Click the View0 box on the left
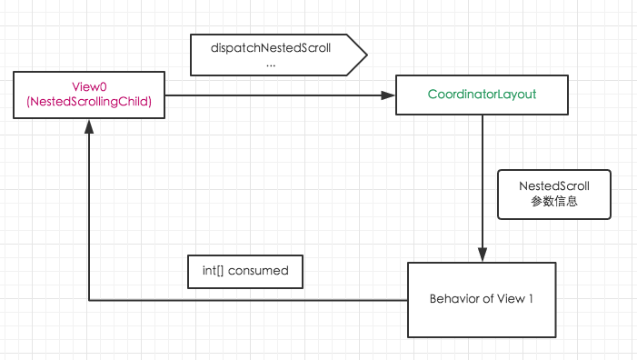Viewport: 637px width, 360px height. point(89,95)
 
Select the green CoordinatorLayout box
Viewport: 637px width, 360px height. point(481,95)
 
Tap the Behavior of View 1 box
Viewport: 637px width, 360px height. point(481,298)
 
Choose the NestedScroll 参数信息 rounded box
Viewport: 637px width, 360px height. point(553,194)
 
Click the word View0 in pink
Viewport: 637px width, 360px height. point(89,87)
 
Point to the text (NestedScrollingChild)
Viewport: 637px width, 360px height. point(89,104)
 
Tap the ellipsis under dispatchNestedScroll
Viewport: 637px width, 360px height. point(271,65)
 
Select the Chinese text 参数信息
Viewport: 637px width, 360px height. point(553,202)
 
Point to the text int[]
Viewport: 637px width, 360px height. point(214,271)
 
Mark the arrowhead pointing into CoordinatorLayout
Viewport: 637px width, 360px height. point(389,95)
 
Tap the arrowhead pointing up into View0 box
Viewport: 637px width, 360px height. point(89,128)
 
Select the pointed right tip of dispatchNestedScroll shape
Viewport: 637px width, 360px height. point(365,56)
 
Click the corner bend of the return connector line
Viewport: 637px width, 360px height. point(89,299)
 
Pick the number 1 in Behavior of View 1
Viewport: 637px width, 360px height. point(530,298)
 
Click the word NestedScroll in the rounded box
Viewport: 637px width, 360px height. point(553,185)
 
